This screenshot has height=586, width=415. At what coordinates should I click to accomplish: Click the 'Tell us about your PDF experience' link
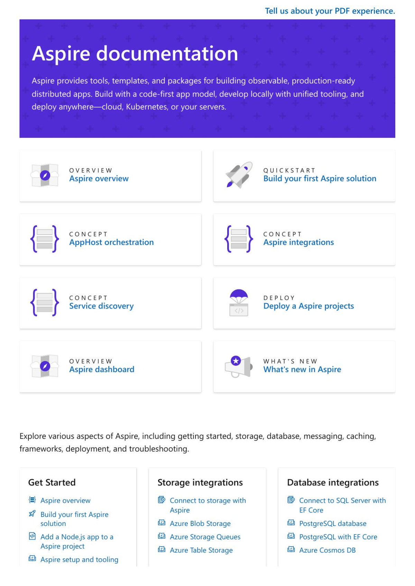330,11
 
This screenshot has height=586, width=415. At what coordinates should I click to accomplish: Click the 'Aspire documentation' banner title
135,54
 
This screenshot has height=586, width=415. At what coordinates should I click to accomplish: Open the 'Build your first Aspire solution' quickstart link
320,179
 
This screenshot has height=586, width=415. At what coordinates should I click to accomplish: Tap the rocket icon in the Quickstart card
239,175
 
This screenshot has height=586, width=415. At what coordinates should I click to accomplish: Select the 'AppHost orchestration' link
111,242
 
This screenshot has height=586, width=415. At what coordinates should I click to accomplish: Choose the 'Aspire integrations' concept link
298,242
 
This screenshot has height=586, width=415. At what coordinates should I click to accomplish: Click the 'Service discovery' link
101,306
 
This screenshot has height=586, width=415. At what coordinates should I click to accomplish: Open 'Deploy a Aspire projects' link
308,306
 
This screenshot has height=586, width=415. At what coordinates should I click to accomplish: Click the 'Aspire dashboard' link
102,369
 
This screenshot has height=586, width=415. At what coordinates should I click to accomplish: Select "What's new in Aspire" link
302,369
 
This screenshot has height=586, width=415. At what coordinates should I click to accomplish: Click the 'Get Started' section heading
52,482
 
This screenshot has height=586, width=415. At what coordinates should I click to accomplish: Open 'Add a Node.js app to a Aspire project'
77,541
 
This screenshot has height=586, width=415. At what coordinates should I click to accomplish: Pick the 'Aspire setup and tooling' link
79,559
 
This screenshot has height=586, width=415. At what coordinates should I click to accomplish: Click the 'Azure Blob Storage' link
200,523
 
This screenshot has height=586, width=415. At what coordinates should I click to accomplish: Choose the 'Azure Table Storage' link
201,550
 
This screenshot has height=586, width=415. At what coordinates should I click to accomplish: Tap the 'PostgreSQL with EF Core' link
338,537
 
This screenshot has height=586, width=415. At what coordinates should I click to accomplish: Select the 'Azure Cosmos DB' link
327,550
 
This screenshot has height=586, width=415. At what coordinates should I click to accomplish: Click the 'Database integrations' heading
333,482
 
